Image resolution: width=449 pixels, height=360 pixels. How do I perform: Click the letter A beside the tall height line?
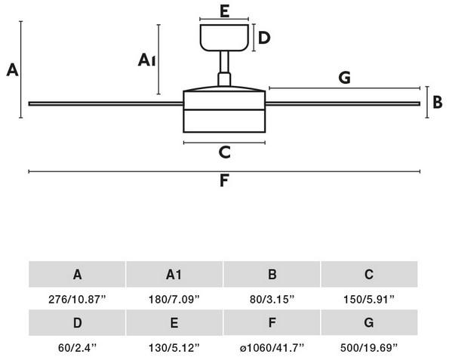click(x=12, y=70)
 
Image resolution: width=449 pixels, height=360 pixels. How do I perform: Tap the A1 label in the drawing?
click(x=146, y=60)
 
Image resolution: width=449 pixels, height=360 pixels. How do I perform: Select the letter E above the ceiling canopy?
click(x=225, y=11)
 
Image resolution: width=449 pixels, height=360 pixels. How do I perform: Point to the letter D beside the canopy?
click(x=264, y=38)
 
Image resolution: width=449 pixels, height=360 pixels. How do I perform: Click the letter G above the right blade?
click(x=344, y=77)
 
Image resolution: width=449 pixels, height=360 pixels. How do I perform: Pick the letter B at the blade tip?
click(x=438, y=102)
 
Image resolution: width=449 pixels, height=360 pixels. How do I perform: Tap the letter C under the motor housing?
click(x=225, y=152)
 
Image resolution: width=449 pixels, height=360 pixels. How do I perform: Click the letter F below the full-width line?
click(x=224, y=180)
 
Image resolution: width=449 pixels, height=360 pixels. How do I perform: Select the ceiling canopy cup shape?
click(x=224, y=38)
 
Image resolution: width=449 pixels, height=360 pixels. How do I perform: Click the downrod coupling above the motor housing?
click(x=224, y=79)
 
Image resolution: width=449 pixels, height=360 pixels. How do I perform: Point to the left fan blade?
click(x=106, y=103)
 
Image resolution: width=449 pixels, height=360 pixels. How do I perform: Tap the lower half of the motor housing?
click(x=224, y=122)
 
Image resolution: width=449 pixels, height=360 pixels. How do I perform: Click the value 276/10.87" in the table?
click(x=77, y=300)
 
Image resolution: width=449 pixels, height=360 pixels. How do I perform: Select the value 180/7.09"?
click(x=174, y=300)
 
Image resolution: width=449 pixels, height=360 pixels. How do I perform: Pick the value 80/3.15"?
click(x=272, y=300)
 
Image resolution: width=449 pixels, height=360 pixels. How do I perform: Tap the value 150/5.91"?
click(x=369, y=300)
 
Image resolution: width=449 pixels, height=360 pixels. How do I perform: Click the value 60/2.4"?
click(x=77, y=348)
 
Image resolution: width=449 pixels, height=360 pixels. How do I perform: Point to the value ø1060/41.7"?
click(x=272, y=348)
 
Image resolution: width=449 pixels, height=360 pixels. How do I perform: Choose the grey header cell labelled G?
click(x=369, y=322)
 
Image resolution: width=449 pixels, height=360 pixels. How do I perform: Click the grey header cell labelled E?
click(x=174, y=322)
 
